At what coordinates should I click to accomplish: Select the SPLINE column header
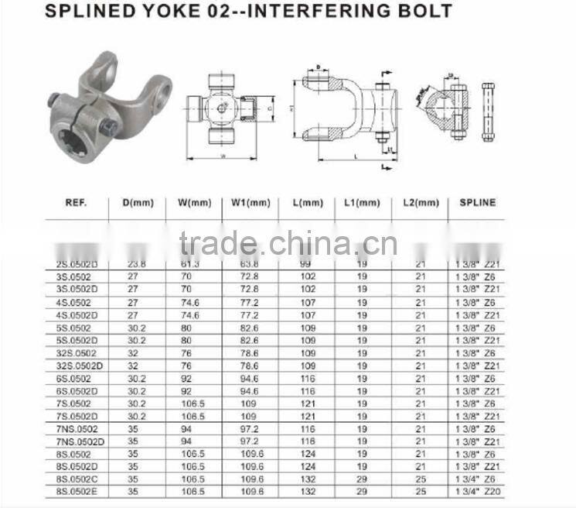point(476,203)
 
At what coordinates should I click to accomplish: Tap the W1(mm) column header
point(251,203)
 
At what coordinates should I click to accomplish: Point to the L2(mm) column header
point(421,203)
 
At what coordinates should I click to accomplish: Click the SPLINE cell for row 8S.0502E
point(476,491)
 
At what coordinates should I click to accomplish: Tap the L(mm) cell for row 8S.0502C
point(307,479)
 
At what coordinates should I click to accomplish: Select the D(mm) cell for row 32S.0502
point(131,353)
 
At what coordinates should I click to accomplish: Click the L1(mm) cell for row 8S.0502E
point(362,491)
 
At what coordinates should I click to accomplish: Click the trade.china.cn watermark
point(277,244)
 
